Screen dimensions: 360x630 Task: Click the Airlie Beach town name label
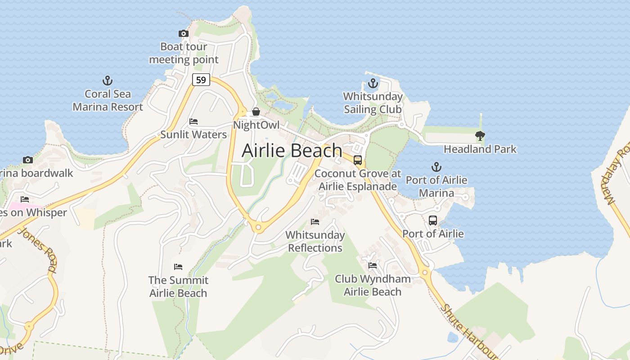[292, 150]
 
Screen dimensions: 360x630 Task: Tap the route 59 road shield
[201, 80]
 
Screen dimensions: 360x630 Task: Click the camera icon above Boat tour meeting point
[183, 33]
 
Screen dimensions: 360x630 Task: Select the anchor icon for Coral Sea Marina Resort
[107, 81]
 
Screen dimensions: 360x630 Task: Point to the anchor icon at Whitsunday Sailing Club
[373, 83]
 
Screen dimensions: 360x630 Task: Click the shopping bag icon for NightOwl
[256, 112]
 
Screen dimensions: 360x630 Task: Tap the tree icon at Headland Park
[480, 135]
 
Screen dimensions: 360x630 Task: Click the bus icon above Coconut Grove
[358, 160]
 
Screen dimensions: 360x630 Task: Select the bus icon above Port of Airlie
[433, 220]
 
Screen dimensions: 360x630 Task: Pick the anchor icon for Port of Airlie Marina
[436, 167]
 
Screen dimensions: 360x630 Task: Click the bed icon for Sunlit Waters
[193, 121]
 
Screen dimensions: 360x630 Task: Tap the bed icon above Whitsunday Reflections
[315, 222]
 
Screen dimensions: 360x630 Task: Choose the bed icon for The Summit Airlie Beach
[178, 267]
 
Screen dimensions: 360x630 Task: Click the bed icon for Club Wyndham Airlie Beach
[373, 265]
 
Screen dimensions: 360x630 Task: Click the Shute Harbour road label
[468, 331]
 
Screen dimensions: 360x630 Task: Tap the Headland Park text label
[480, 149]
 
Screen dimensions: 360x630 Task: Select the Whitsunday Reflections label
[315, 241]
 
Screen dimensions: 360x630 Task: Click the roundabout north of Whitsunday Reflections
[258, 228]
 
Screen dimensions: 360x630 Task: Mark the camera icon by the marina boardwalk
[28, 160]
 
